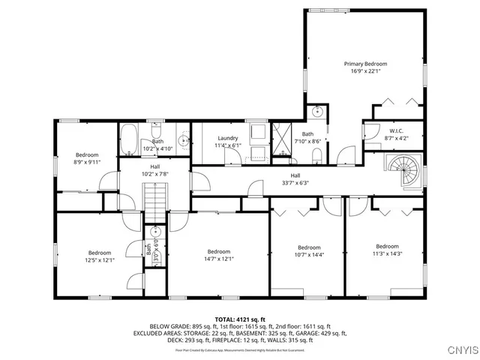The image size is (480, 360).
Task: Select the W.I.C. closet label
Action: pos(375,131)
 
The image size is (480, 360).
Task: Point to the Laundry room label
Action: pos(228,138)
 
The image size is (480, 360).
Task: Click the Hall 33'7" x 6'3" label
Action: pos(274,178)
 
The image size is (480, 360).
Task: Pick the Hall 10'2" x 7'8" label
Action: pos(155,169)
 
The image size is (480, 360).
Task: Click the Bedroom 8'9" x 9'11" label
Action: pos(87,157)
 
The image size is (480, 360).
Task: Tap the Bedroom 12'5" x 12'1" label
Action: pos(100,256)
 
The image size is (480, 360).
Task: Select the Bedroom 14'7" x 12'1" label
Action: pos(218,255)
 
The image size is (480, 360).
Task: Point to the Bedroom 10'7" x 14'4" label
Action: pos(309,251)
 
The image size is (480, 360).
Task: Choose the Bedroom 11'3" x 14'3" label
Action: pos(387,250)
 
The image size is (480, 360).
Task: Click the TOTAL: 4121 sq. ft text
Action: pos(240,319)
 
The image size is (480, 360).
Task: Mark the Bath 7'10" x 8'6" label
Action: pos(307,137)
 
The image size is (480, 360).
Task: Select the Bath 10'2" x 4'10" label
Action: pos(157,144)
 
